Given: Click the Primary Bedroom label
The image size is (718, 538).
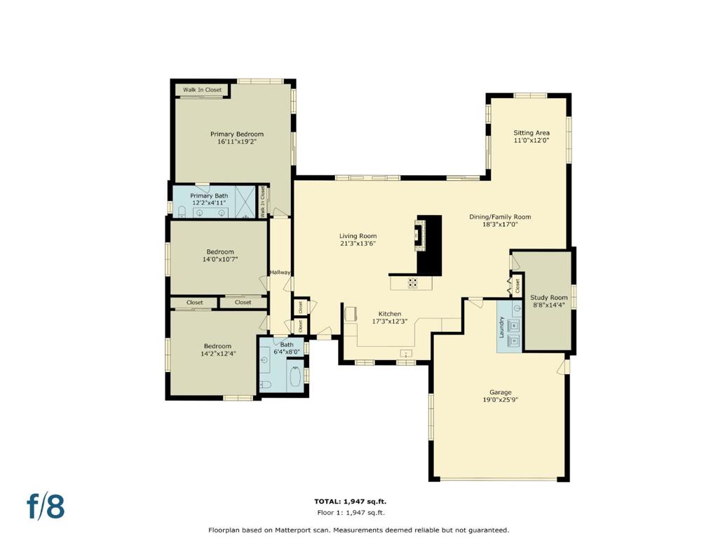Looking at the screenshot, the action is click(237, 134).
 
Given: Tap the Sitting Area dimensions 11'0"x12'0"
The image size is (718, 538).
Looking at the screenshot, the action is click(531, 140).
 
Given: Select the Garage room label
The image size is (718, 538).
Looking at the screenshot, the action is click(500, 392).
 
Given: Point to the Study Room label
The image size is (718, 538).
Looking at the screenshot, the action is click(548, 297).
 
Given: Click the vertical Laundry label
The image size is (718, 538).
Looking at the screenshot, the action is click(501, 326).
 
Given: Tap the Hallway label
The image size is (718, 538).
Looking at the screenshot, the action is click(280, 273).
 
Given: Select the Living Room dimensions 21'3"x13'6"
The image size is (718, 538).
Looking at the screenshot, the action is click(358, 244).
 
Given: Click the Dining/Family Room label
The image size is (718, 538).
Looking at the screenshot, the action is click(500, 217).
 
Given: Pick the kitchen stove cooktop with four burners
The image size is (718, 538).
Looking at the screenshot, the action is click(412, 283).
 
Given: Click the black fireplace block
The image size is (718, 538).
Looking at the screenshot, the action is click(430, 246).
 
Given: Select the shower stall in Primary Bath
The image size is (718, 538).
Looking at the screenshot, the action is click(245, 202).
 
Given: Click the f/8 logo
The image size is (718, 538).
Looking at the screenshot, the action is click(46, 506).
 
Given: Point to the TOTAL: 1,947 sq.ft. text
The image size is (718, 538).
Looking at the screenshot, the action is click(350, 502).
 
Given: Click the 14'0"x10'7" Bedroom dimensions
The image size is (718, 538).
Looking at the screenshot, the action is click(219, 259).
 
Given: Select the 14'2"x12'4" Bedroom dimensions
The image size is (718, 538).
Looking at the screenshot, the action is click(218, 354).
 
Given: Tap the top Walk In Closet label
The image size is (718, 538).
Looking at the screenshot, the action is click(202, 90).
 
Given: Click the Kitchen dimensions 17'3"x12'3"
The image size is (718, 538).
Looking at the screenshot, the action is click(390, 322).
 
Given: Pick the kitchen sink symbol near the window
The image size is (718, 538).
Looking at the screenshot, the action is click(406, 353).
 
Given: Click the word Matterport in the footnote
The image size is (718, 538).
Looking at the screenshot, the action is click(294, 530).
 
